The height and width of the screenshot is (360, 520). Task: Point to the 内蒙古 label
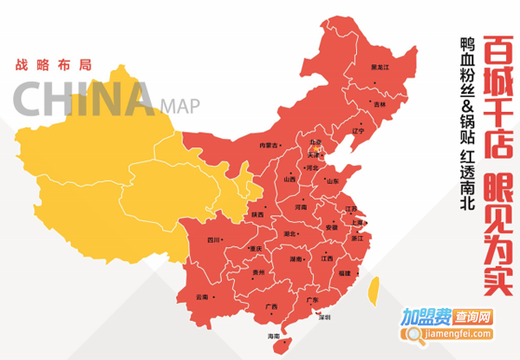coord(270,146)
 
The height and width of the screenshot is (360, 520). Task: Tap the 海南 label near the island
coord(275,336)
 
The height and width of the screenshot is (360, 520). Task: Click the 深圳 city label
coord(324,317)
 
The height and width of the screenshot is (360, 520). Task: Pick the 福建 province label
coord(346,273)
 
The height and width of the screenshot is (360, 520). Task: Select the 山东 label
coord(332,180)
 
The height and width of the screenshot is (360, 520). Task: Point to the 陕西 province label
coord(257,214)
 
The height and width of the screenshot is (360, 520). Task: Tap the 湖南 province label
coord(296,259)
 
